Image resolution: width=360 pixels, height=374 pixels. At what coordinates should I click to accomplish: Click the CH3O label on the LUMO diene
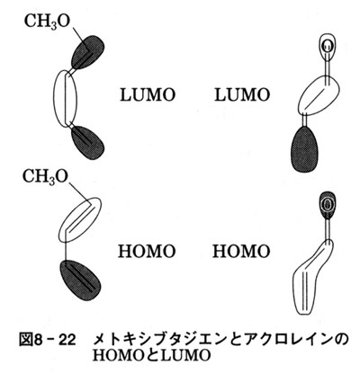pyautogui.click(x=47, y=22)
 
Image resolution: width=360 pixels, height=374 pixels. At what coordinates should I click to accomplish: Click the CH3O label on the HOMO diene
pyautogui.click(x=45, y=176)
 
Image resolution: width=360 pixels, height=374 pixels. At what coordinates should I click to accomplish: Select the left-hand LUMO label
pyautogui.click(x=148, y=94)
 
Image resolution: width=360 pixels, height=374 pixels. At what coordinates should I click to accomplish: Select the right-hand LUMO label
pyautogui.click(x=242, y=94)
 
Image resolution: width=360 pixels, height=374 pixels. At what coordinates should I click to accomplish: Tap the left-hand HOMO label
pyautogui.click(x=147, y=251)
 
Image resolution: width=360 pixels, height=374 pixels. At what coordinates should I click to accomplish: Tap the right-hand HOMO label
pyautogui.click(x=241, y=251)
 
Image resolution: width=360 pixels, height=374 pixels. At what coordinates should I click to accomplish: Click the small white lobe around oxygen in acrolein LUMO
pyautogui.click(x=327, y=46)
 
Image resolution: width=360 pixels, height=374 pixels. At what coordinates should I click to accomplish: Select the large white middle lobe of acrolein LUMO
pyautogui.click(x=319, y=94)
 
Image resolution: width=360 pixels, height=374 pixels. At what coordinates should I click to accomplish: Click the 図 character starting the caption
pyautogui.click(x=26, y=341)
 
